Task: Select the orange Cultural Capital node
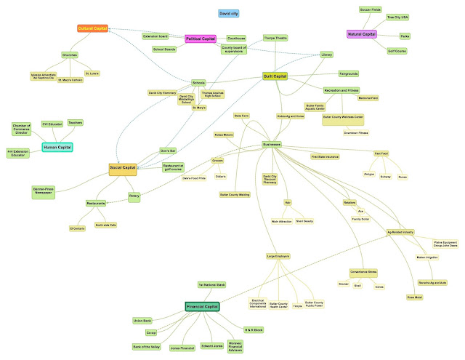click(x=92, y=28)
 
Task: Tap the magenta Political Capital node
click(x=201, y=39)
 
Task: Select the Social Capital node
click(x=123, y=169)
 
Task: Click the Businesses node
click(x=272, y=145)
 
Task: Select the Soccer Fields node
click(x=371, y=9)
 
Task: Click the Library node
click(x=327, y=54)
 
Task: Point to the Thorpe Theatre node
click(x=275, y=37)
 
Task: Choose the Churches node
click(x=70, y=54)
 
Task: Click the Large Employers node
click(x=279, y=256)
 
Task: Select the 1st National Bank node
click(x=211, y=284)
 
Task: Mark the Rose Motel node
click(x=414, y=297)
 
